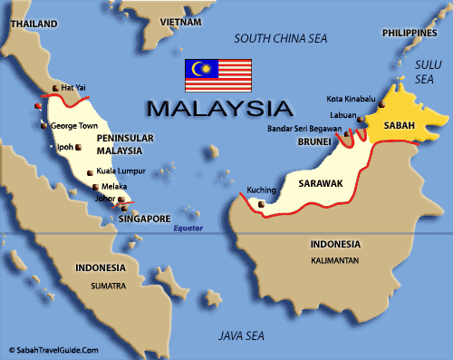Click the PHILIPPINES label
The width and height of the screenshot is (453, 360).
tap(409, 33)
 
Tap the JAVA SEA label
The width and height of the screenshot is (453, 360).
tap(242, 336)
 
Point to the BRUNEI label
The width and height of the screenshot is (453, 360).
tap(313, 142)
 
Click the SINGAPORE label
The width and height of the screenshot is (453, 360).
tap(146, 219)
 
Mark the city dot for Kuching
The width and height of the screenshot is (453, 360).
tap(263, 204)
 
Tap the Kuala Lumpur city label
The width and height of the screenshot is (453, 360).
tap(120, 171)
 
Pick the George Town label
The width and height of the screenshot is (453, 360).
tap(74, 126)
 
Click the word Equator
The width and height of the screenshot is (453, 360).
tap(189, 229)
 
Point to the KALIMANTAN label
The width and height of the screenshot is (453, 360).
tap(335, 260)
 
